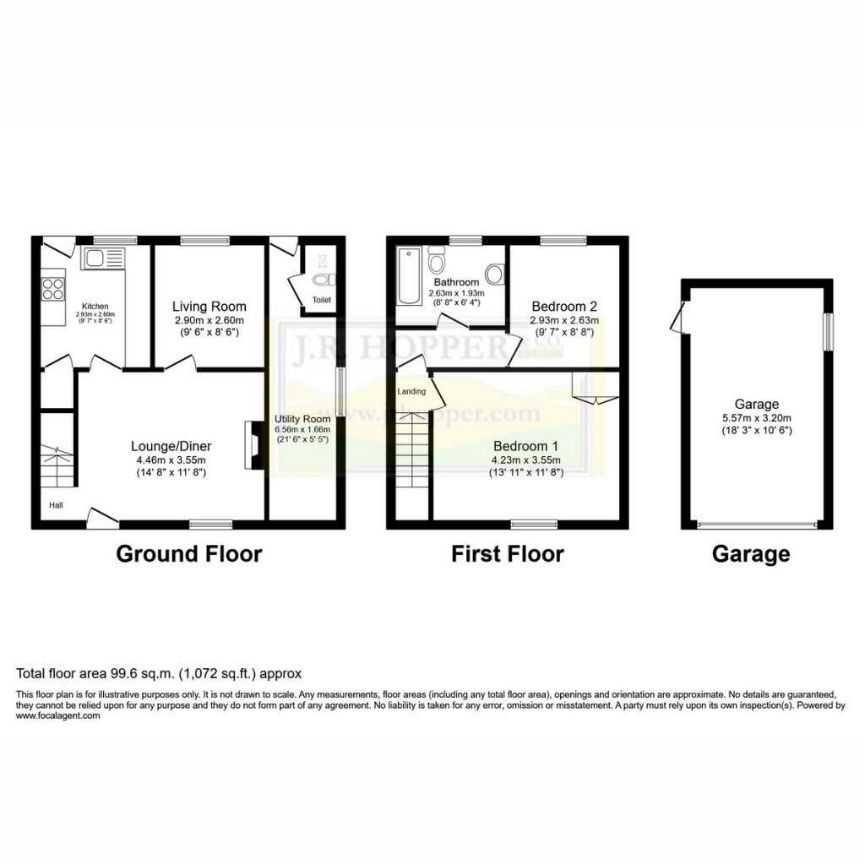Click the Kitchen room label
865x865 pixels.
[95, 306]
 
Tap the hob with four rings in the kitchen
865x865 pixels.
[53, 289]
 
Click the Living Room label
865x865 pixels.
[209, 306]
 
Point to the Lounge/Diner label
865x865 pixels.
[171, 446]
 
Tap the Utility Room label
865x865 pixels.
[302, 419]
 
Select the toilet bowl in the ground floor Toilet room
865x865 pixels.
[322, 280]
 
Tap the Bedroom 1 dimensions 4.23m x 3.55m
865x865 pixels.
[527, 460]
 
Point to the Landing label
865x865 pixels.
[412, 390]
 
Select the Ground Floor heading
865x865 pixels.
[188, 554]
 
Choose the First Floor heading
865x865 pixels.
[507, 554]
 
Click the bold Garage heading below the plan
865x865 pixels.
[751, 554]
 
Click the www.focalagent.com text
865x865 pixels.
[58, 715]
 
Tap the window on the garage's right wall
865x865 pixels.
[829, 330]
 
